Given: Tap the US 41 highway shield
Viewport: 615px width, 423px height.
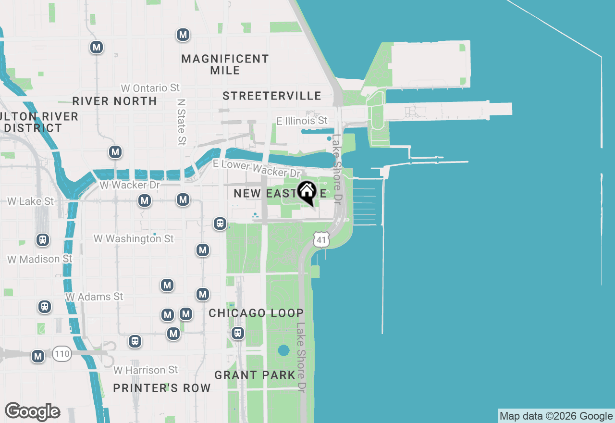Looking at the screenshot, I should click(x=321, y=239).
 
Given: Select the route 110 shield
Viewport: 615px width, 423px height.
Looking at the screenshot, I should click(x=62, y=354).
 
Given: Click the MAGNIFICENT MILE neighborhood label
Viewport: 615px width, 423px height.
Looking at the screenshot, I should click(x=225, y=64).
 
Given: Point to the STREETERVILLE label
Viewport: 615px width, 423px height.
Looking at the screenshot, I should click(x=272, y=96).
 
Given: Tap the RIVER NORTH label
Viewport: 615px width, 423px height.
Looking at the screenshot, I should click(x=114, y=101).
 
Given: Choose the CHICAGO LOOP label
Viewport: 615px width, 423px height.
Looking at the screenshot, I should click(x=256, y=313).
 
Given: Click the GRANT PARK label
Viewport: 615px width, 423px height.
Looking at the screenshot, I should click(x=255, y=375).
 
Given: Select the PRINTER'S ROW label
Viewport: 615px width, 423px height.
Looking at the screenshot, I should click(x=162, y=388).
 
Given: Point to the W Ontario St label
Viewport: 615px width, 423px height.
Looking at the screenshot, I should click(x=150, y=88).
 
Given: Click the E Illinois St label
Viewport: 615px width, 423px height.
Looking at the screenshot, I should click(x=302, y=121).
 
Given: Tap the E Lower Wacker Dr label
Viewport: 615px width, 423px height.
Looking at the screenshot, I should click(x=257, y=168).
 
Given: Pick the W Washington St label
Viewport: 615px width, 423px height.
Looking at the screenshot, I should click(x=134, y=238).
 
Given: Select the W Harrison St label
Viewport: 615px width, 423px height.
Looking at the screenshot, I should click(x=146, y=370).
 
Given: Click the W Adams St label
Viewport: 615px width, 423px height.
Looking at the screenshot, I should click(x=94, y=297).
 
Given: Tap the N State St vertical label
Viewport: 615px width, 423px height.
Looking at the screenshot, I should click(x=181, y=122).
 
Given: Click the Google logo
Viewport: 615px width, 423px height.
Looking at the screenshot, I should click(x=32, y=412).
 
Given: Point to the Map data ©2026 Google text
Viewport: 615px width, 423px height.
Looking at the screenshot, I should click(x=556, y=416).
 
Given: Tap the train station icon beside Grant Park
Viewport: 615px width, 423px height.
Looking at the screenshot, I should click(x=238, y=333).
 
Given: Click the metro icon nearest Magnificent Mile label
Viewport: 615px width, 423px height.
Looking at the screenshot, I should click(x=183, y=35).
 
